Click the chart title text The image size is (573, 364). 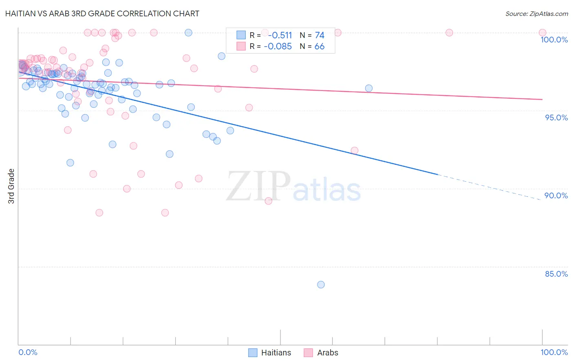coord(102,13)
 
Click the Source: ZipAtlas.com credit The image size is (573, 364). coord(536,14)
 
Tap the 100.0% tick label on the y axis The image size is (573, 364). coord(554,40)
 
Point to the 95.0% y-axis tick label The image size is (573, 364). coord(556,118)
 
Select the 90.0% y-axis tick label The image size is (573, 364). coord(556,195)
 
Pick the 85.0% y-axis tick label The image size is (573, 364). coord(556,274)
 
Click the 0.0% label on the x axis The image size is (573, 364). coord(28,352)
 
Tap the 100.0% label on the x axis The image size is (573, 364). coord(554,352)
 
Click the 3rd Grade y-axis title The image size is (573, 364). coord(11,186)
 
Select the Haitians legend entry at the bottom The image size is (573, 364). coord(270,353)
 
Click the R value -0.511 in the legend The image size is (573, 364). coord(280,36)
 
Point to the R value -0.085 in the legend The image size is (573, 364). coord(278,47)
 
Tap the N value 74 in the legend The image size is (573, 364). coord(320,36)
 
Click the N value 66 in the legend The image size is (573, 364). coord(320,47)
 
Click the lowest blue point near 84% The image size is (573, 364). coord(321,284)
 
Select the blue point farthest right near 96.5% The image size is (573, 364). coord(369,88)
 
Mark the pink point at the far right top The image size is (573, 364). coord(542,33)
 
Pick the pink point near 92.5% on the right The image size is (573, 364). coord(355,151)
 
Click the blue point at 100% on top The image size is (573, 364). coord(188,33)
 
